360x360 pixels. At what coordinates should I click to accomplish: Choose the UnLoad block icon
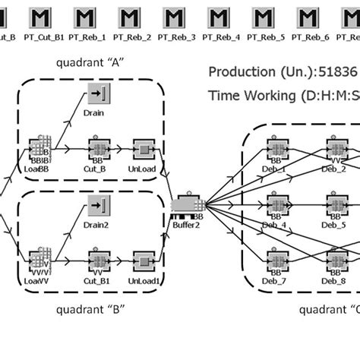click(x=142, y=149)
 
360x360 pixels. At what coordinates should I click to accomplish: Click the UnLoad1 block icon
click(x=142, y=259)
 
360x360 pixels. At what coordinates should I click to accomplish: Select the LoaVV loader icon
click(x=39, y=259)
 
